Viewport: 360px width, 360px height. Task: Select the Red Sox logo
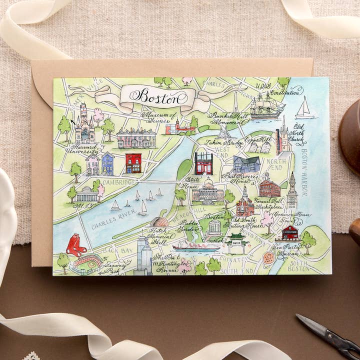point(74,244)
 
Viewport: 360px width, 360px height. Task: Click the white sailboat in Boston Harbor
point(304,108)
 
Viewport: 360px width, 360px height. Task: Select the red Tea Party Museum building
point(289,232)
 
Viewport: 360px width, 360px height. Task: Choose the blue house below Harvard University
point(107,163)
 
